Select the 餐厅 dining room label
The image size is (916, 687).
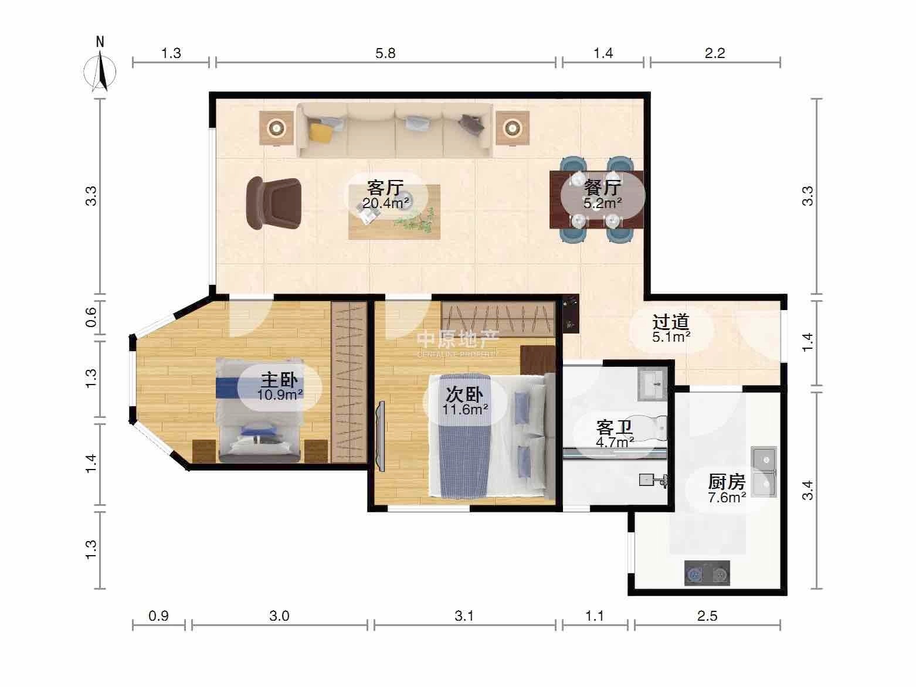603,188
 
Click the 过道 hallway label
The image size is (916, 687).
671,322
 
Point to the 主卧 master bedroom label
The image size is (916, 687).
280,380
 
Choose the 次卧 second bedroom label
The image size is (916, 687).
464,394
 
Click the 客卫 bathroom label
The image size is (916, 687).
615,427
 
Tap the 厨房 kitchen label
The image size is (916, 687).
727,482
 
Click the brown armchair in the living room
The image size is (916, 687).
274,203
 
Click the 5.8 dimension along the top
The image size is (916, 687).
385,53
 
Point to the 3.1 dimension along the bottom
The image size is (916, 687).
464,615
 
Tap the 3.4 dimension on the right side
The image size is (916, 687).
808,490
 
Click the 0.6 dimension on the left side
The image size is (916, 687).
91,318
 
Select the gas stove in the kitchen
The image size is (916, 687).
707,573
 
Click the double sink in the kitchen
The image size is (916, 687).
764,472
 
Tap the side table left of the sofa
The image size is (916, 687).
276,128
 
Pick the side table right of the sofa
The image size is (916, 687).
513,128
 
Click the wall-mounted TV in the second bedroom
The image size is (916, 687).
380,436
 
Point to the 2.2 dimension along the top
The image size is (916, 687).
715,53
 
